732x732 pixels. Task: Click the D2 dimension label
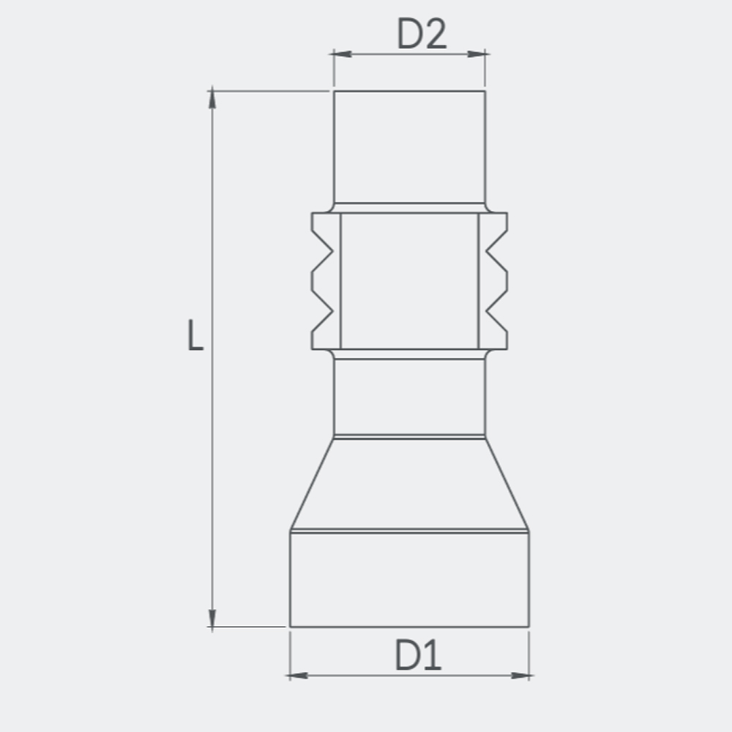point(421,34)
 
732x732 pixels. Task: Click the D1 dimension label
point(419,655)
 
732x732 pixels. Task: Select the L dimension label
point(194,335)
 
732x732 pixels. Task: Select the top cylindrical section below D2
point(409,146)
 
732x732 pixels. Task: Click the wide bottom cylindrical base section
point(409,578)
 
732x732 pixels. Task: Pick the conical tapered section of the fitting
point(409,483)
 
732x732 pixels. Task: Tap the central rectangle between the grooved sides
point(409,280)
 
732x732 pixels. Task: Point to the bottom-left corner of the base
point(291,627)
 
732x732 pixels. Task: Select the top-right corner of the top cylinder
point(485,91)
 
